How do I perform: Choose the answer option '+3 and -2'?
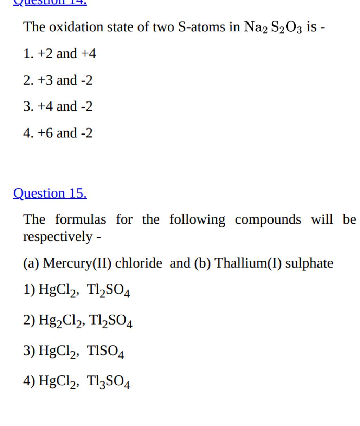[x=58, y=80]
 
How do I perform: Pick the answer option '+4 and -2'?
[x=58, y=106]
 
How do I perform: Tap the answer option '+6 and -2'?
[x=58, y=133]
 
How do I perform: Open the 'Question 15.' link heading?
[x=50, y=193]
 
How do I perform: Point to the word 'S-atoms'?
[x=202, y=27]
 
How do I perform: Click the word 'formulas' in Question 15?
[x=81, y=219]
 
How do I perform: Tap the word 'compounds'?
[x=268, y=219]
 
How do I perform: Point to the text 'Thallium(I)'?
[x=248, y=263]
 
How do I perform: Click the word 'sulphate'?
[x=309, y=263]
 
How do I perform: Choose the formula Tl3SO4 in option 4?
[x=108, y=381]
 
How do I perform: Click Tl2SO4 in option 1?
[x=108, y=290]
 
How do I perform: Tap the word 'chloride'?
[x=139, y=263]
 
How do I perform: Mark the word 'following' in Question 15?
[x=197, y=220]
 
